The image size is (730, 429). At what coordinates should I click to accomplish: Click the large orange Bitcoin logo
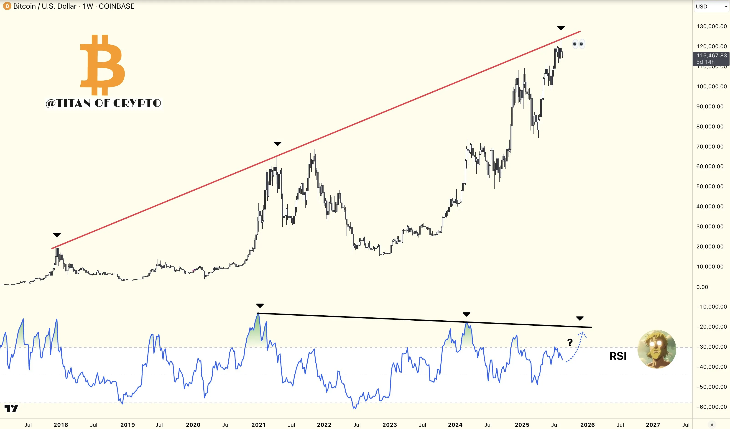102,65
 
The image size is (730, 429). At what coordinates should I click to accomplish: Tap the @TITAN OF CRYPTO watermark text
103,103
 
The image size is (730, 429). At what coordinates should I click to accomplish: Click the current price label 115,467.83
711,56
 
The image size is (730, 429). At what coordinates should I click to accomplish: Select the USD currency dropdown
711,6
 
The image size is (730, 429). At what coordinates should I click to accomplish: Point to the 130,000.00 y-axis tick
711,26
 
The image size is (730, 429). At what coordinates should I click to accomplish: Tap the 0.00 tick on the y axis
702,287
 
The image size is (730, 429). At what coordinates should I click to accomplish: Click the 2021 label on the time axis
258,425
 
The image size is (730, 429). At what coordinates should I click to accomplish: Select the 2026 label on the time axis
587,425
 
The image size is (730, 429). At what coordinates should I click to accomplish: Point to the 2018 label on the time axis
61,425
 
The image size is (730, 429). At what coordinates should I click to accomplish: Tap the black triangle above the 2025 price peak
561,28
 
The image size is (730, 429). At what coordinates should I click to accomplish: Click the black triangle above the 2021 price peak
278,144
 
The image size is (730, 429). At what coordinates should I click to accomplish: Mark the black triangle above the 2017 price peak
57,235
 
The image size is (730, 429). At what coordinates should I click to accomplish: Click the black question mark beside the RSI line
570,343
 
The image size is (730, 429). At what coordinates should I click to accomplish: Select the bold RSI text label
618,356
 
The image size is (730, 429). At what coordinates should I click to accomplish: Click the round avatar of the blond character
657,349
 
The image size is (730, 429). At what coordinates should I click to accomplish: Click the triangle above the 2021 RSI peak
260,306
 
